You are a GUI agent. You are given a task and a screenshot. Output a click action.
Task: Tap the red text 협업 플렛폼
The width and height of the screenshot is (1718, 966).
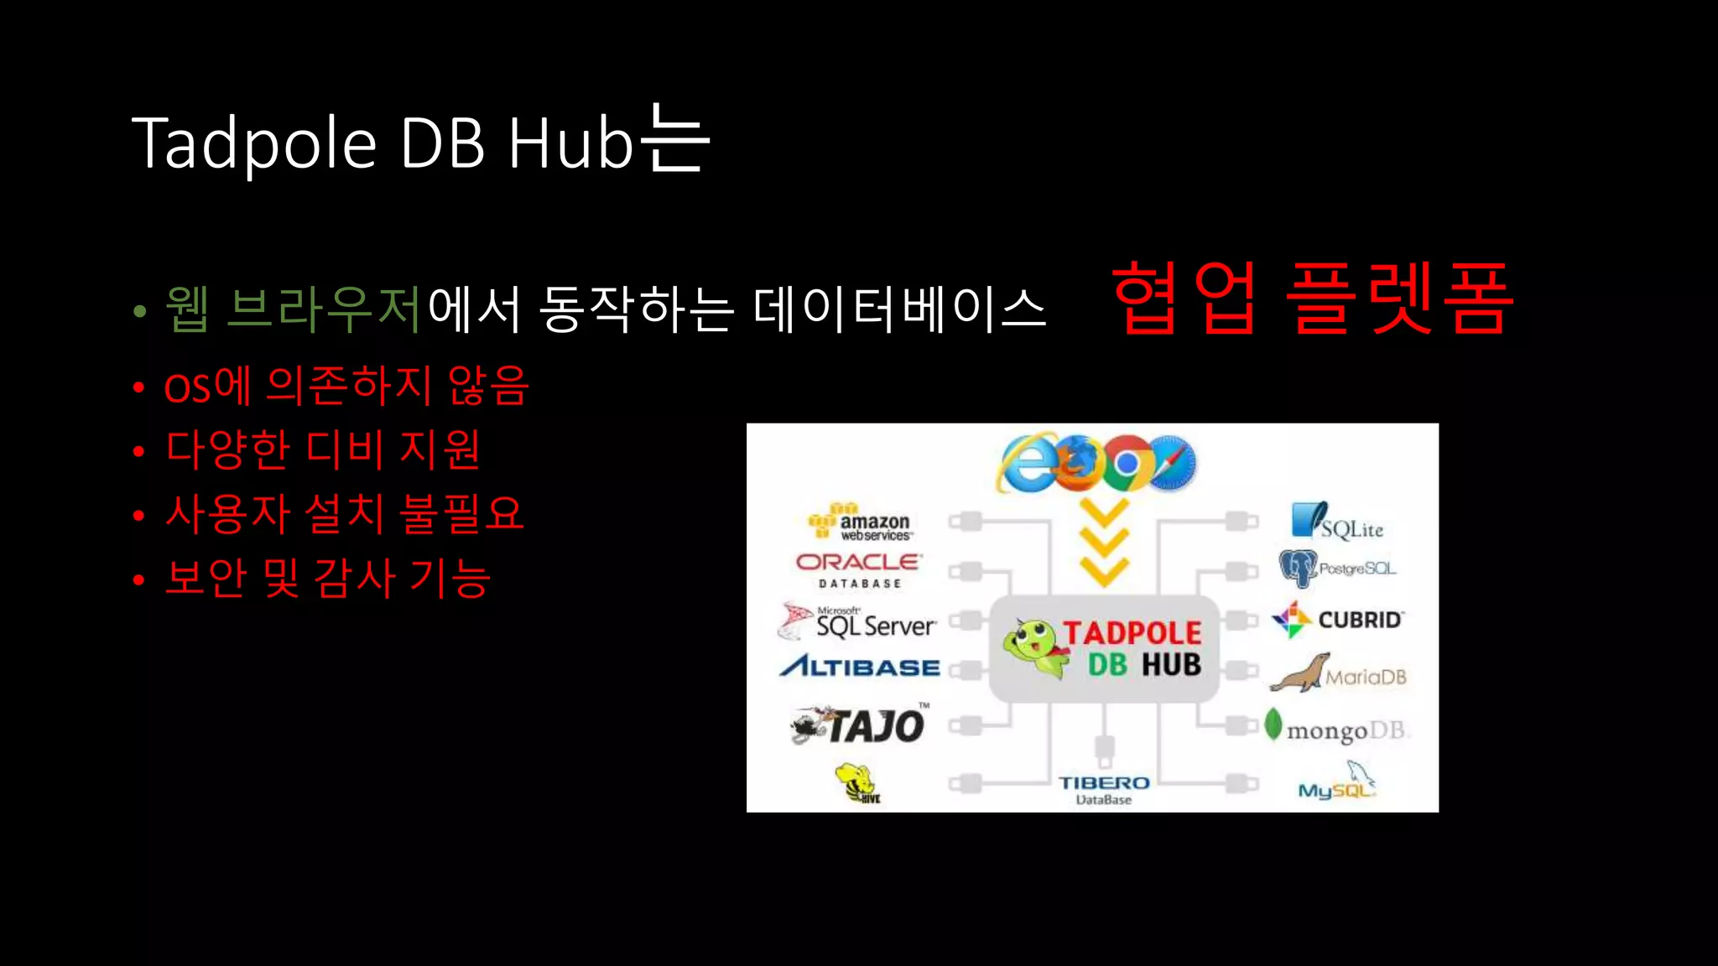pyautogui.click(x=1313, y=299)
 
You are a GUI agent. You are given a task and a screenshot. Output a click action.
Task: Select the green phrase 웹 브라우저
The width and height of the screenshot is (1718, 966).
pyautogui.click(x=293, y=309)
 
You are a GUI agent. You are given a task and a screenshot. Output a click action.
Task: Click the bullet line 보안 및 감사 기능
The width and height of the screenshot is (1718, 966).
pyautogui.click(x=327, y=578)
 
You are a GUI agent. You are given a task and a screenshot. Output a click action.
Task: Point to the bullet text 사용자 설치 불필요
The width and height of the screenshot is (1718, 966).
pyautogui.click(x=345, y=513)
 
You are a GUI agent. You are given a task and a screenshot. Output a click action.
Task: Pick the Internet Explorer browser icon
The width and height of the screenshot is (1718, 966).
pyautogui.click(x=1028, y=464)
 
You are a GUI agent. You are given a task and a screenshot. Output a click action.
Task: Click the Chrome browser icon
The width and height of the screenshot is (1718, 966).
pyautogui.click(x=1127, y=463)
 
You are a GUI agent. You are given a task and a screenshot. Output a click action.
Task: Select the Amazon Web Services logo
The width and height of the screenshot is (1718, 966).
pyautogui.click(x=861, y=523)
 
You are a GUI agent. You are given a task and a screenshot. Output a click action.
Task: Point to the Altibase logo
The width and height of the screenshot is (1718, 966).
pyautogui.click(x=860, y=667)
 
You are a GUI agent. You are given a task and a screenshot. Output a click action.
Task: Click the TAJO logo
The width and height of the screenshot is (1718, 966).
pyautogui.click(x=861, y=724)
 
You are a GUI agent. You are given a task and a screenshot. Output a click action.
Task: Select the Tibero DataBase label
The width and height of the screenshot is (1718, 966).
pyautogui.click(x=1104, y=789)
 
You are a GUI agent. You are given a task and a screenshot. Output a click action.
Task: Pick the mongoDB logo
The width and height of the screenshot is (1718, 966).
pyautogui.click(x=1338, y=729)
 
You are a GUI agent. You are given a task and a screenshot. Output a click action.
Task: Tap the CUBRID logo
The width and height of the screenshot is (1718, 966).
pyautogui.click(x=1337, y=620)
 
